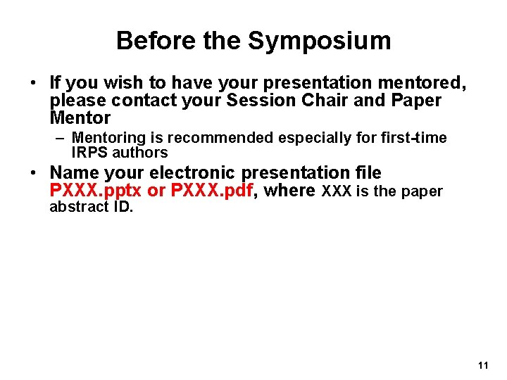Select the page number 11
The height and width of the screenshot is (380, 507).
[x=482, y=365]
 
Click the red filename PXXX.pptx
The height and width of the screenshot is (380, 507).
[x=96, y=191]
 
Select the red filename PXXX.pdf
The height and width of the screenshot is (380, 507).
[x=213, y=191]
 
